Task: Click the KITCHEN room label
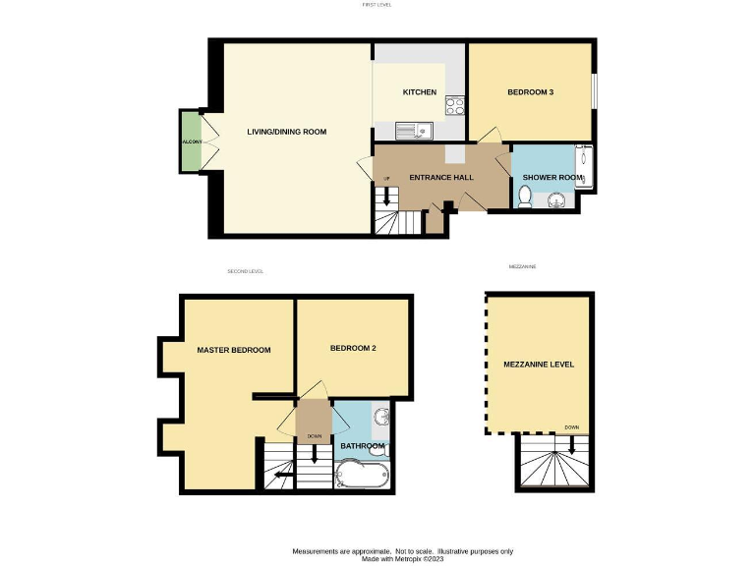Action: (x=420, y=92)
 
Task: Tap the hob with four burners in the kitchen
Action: (x=454, y=104)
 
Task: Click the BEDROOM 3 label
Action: (x=530, y=92)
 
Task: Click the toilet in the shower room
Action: (x=526, y=198)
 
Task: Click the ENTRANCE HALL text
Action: (x=441, y=178)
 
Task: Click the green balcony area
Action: (x=191, y=142)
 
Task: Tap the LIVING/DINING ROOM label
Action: (x=286, y=132)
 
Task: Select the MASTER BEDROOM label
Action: (x=233, y=350)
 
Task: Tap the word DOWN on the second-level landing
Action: (x=315, y=436)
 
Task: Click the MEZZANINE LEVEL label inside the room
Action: (x=540, y=365)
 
